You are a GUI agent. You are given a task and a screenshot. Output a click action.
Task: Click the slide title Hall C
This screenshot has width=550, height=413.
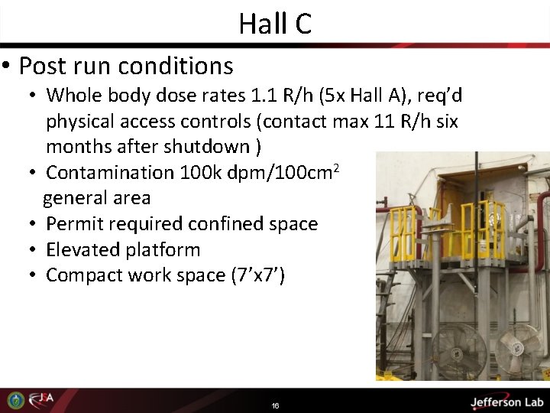pyautogui.click(x=275, y=24)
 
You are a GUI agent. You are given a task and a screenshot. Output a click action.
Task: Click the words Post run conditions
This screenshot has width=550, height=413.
pyautogui.click(x=126, y=67)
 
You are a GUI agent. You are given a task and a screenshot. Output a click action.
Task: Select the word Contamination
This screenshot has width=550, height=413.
pyautogui.click(x=110, y=172)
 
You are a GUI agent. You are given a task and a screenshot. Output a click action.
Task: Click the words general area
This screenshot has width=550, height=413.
pyautogui.click(x=97, y=198)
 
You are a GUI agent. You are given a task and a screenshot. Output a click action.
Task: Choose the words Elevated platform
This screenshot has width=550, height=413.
pyautogui.click(x=123, y=250)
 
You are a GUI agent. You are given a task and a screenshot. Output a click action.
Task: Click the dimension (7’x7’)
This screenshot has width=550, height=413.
pyautogui.click(x=257, y=275)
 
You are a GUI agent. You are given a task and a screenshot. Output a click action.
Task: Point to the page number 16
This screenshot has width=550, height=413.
pyautogui.click(x=275, y=405)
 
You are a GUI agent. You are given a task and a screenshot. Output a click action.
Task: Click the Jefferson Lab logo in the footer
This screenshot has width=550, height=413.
pyautogui.click(x=506, y=402)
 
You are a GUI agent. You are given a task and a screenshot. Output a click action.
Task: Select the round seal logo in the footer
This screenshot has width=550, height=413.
pyautogui.click(x=15, y=400)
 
